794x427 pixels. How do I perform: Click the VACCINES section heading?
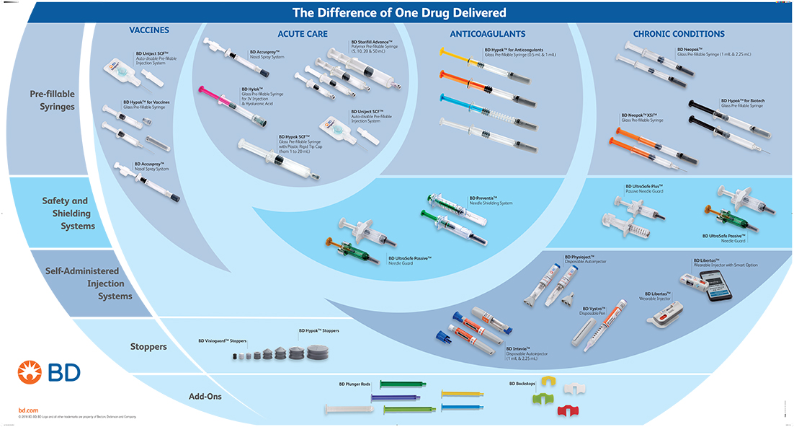(149, 30)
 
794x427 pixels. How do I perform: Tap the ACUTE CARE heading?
(303, 34)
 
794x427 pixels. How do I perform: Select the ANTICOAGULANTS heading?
(488, 34)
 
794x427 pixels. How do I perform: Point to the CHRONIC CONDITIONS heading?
(679, 34)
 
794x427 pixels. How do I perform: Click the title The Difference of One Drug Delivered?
(398, 12)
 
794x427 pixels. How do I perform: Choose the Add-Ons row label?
(206, 396)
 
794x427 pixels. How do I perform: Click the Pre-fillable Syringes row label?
(52, 100)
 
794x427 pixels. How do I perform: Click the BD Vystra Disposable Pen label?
(594, 312)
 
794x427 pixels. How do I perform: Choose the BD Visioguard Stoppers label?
(223, 340)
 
